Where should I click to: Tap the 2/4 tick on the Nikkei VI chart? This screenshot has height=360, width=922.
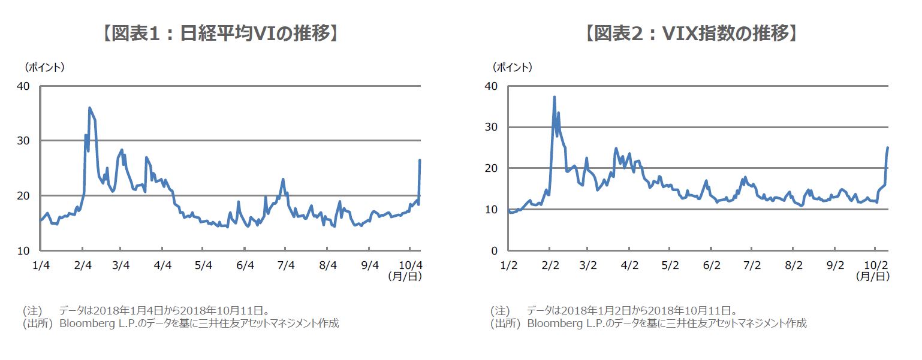coord(83,265)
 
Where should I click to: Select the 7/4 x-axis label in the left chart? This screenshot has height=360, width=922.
coord(286,265)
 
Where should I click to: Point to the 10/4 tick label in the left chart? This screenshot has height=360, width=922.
coord(410,265)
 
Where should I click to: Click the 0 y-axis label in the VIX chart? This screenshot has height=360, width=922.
coord(495,250)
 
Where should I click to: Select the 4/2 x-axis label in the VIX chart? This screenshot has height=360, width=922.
coord(629,265)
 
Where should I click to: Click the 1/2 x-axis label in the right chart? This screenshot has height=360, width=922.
coord(508,265)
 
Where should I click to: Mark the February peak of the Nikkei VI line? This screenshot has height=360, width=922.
coord(89,108)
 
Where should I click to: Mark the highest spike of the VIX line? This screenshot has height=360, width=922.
coord(554,97)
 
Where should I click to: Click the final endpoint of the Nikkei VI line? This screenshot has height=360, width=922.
coord(420,160)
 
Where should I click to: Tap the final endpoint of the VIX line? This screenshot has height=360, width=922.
coord(887,147)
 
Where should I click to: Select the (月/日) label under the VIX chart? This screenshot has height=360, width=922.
coord(872,277)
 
